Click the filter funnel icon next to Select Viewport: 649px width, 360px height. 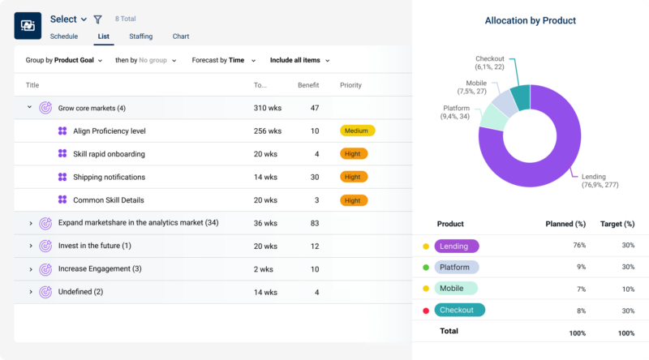98,19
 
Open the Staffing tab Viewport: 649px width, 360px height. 140,36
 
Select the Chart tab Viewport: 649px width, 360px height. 181,36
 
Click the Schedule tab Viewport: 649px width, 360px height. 64,36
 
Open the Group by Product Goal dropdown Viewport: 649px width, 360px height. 64,60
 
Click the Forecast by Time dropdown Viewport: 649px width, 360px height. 223,60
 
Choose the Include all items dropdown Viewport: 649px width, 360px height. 299,60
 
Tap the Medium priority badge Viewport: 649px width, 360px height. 357,131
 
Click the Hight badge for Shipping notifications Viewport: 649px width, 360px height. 354,177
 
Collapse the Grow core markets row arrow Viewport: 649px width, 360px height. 30,107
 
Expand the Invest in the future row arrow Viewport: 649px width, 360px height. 30,246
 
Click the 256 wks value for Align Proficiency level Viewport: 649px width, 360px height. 267,131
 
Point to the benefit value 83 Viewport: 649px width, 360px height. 314,223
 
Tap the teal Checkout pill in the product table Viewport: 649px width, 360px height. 459,310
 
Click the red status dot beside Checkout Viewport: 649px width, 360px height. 424,311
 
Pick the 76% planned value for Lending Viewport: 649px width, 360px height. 579,245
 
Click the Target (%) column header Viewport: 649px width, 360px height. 617,224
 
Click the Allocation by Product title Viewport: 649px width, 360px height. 530,20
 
